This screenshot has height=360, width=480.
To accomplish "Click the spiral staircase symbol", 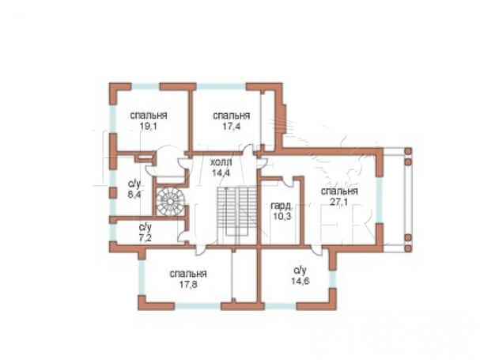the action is [170, 202].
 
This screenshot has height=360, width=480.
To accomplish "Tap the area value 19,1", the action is [148, 127].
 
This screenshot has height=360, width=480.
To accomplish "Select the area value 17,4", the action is [231, 127].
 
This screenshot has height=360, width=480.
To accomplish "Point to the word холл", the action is [221, 162].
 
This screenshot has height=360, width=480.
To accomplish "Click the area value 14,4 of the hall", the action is [221, 172].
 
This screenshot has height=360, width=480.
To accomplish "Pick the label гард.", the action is [281, 206].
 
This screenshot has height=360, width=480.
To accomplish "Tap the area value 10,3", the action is [282, 216].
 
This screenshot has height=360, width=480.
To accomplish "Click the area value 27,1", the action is [339, 202].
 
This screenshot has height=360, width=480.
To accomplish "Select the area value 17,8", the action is [188, 284].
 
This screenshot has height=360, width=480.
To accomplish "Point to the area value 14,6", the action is [300, 281].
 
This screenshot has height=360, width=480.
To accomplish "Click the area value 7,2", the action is [145, 237].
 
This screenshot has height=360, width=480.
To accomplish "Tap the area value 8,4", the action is [134, 195].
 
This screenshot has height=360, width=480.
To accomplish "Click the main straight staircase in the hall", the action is [237, 211].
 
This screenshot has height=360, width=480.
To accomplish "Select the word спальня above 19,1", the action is [149, 116].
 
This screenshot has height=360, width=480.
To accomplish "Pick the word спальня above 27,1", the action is [339, 191].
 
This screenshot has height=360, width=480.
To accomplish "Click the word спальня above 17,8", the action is [188, 274].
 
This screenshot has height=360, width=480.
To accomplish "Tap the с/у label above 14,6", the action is [300, 271].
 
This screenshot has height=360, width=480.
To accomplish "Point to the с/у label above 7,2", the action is [145, 227].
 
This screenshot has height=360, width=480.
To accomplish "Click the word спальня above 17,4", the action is [232, 116].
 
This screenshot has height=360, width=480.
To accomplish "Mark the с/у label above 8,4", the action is [134, 184].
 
